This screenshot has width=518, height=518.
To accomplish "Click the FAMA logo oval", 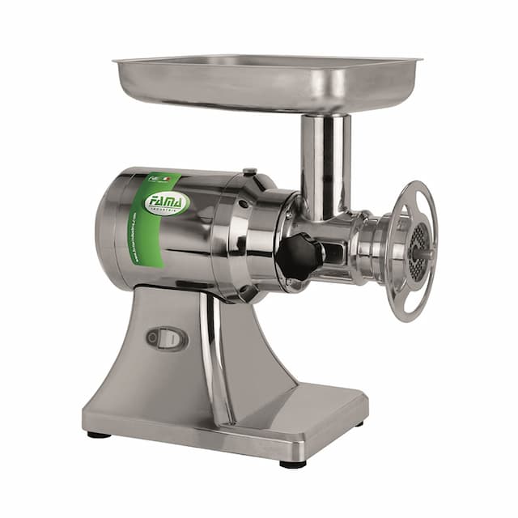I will tap(167, 202).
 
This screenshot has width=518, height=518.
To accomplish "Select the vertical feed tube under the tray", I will tap(325, 162).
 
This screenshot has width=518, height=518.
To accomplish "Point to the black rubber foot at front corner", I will tap(293, 464).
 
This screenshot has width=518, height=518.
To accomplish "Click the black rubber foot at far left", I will tap(99, 435).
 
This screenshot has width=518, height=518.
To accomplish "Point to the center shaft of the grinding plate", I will tap(419, 252).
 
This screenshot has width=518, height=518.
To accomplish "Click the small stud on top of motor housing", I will tap(250, 171).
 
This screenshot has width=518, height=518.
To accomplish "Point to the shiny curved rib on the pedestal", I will tap(215, 356).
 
